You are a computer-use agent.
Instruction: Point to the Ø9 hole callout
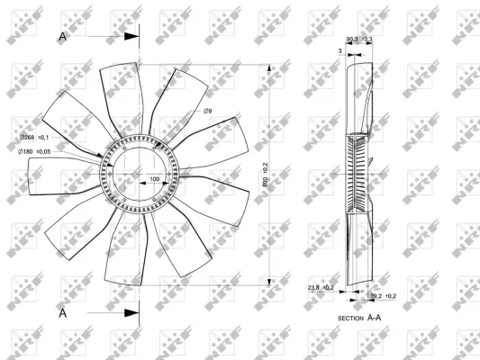[207, 111]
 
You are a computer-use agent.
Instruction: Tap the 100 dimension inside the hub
[154, 179]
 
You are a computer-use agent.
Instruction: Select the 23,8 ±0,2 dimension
[320, 288]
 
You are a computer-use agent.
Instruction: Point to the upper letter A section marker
[62, 36]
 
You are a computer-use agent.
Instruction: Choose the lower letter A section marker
[62, 312]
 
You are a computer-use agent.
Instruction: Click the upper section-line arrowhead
[132, 36]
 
